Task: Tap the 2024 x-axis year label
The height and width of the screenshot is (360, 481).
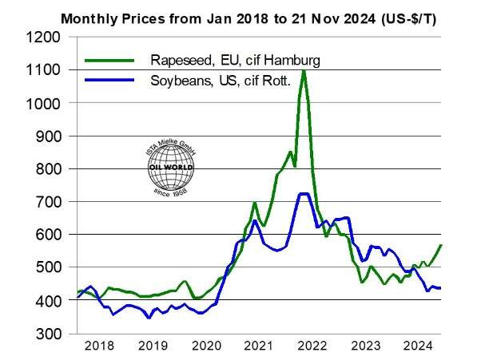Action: [416, 346]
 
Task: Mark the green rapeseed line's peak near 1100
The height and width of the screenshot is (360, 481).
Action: [304, 71]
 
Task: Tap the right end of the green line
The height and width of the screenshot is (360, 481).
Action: [442, 245]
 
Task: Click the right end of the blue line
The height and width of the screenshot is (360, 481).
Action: [442, 287]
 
